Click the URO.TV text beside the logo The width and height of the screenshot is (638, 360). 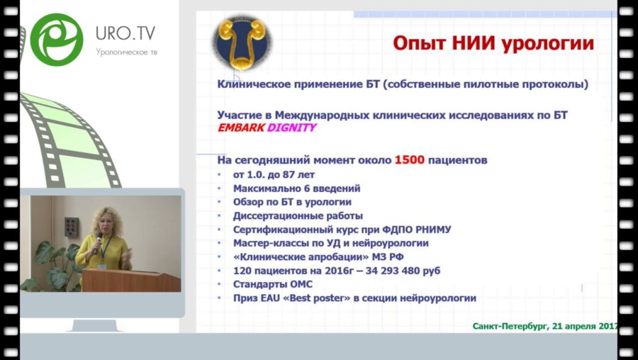(125, 33)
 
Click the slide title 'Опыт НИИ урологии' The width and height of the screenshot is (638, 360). (493, 43)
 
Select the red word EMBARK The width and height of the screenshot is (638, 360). (240, 128)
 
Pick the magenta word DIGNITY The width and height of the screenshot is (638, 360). (291, 128)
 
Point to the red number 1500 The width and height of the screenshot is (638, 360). (410, 160)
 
